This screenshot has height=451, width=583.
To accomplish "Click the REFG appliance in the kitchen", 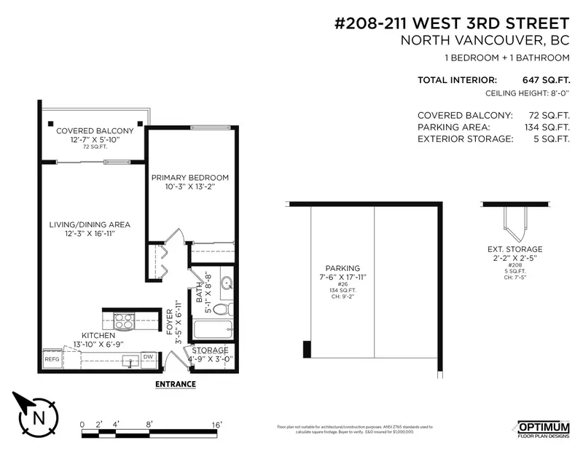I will (52, 358).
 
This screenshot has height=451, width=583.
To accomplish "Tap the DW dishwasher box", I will (148, 357).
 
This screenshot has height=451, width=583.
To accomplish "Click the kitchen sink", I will (130, 360).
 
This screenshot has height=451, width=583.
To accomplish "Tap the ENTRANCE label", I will (175, 383).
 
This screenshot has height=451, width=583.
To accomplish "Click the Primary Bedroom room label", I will (189, 177).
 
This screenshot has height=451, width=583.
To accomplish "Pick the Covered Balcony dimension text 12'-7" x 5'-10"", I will (92, 139).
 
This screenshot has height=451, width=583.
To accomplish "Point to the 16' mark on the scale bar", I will (216, 424).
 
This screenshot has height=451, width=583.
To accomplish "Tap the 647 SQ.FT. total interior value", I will (545, 80).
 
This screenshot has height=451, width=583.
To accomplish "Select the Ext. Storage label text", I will (515, 249).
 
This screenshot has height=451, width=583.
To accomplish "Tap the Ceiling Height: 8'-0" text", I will (527, 94).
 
